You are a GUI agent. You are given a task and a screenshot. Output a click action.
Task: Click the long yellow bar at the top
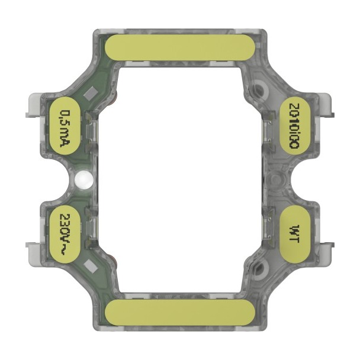coord(180,48)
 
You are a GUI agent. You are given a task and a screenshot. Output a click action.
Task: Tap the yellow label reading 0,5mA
coord(65,126)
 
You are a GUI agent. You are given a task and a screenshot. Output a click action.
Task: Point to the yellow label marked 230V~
coord(65,235)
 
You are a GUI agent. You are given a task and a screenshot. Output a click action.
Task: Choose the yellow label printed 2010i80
coord(295,126)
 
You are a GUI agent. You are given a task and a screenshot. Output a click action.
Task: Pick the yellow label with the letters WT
coord(295,235)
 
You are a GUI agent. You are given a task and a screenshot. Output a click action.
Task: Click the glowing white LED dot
coord(84,180)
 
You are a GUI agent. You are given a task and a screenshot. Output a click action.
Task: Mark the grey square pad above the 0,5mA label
coord(91,94)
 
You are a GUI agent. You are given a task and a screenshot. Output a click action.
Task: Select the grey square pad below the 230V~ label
coord(91,267)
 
